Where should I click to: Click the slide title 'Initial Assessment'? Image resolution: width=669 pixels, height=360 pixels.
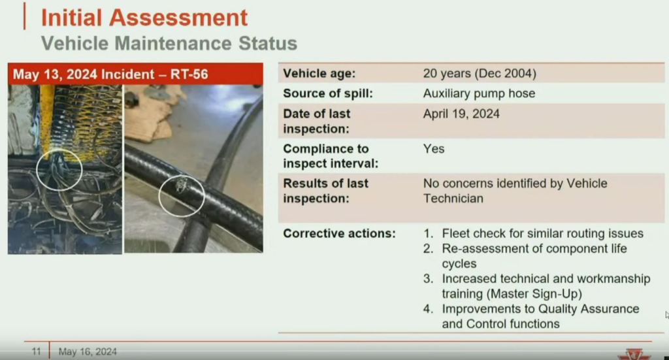pyautogui.click(x=144, y=18)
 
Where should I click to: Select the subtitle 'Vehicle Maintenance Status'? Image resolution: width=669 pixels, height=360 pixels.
pyautogui.click(x=169, y=44)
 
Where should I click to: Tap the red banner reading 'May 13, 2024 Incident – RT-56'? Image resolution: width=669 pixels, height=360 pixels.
pyautogui.click(x=135, y=74)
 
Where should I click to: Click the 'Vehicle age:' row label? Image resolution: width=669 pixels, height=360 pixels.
pyautogui.click(x=319, y=73)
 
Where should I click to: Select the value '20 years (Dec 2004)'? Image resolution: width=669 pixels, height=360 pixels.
pyautogui.click(x=480, y=73)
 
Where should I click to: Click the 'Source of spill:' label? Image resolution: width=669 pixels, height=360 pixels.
pyautogui.click(x=328, y=93)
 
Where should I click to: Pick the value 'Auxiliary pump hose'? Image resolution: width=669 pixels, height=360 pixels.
pyautogui.click(x=479, y=93)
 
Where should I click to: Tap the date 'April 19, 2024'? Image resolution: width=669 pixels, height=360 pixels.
pyautogui.click(x=461, y=114)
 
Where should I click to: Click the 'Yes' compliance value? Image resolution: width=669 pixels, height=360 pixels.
pyautogui.click(x=434, y=149)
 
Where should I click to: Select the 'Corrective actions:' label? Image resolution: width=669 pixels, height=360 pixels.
pyautogui.click(x=339, y=234)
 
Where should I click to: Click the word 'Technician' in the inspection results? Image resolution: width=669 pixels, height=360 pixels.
pyautogui.click(x=453, y=199)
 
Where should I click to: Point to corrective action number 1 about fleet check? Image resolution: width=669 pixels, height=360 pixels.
pyautogui.click(x=533, y=234)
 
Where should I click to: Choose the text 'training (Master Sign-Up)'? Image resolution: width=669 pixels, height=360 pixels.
pyautogui.click(x=512, y=294)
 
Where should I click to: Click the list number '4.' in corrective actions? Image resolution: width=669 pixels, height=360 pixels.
pyautogui.click(x=428, y=309)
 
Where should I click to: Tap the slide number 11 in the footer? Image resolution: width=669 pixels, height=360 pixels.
pyautogui.click(x=37, y=352)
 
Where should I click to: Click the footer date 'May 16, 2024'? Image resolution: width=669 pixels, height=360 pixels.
pyautogui.click(x=88, y=352)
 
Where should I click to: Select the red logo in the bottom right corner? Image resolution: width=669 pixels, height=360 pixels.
pyautogui.click(x=634, y=355)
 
